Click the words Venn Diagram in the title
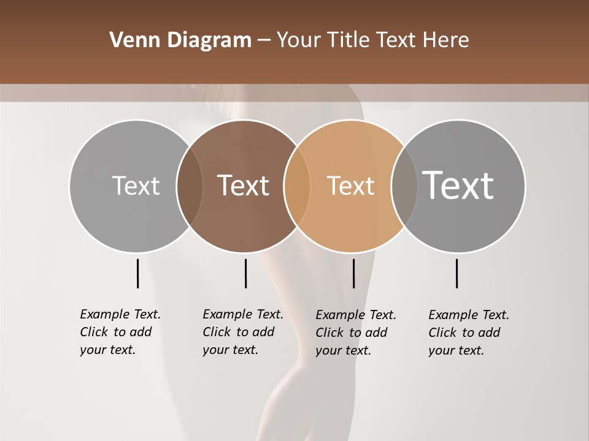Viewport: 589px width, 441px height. click(x=180, y=40)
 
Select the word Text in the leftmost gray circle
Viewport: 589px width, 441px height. click(x=136, y=186)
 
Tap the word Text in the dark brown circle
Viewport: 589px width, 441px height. click(x=243, y=186)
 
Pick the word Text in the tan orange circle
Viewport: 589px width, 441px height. click(x=350, y=186)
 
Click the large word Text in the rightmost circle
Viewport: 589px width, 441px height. click(x=458, y=185)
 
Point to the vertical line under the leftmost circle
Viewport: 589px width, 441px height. click(x=137, y=273)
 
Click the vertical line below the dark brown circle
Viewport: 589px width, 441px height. click(x=245, y=273)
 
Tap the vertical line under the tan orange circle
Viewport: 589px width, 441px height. click(x=353, y=273)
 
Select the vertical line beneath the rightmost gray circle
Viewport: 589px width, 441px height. click(x=456, y=273)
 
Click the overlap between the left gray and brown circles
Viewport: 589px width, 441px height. click(x=190, y=186)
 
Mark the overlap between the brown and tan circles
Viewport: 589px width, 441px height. click(x=297, y=186)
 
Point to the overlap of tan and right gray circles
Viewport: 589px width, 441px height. click(x=404, y=186)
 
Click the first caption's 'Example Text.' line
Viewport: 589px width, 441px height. click(x=120, y=314)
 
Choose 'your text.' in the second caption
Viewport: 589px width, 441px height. click(x=230, y=350)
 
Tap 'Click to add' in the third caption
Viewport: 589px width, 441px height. click(x=352, y=333)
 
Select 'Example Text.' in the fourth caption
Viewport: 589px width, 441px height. click(x=469, y=315)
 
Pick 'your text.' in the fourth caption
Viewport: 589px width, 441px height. click(x=456, y=350)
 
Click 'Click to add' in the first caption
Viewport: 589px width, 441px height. click(x=115, y=332)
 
